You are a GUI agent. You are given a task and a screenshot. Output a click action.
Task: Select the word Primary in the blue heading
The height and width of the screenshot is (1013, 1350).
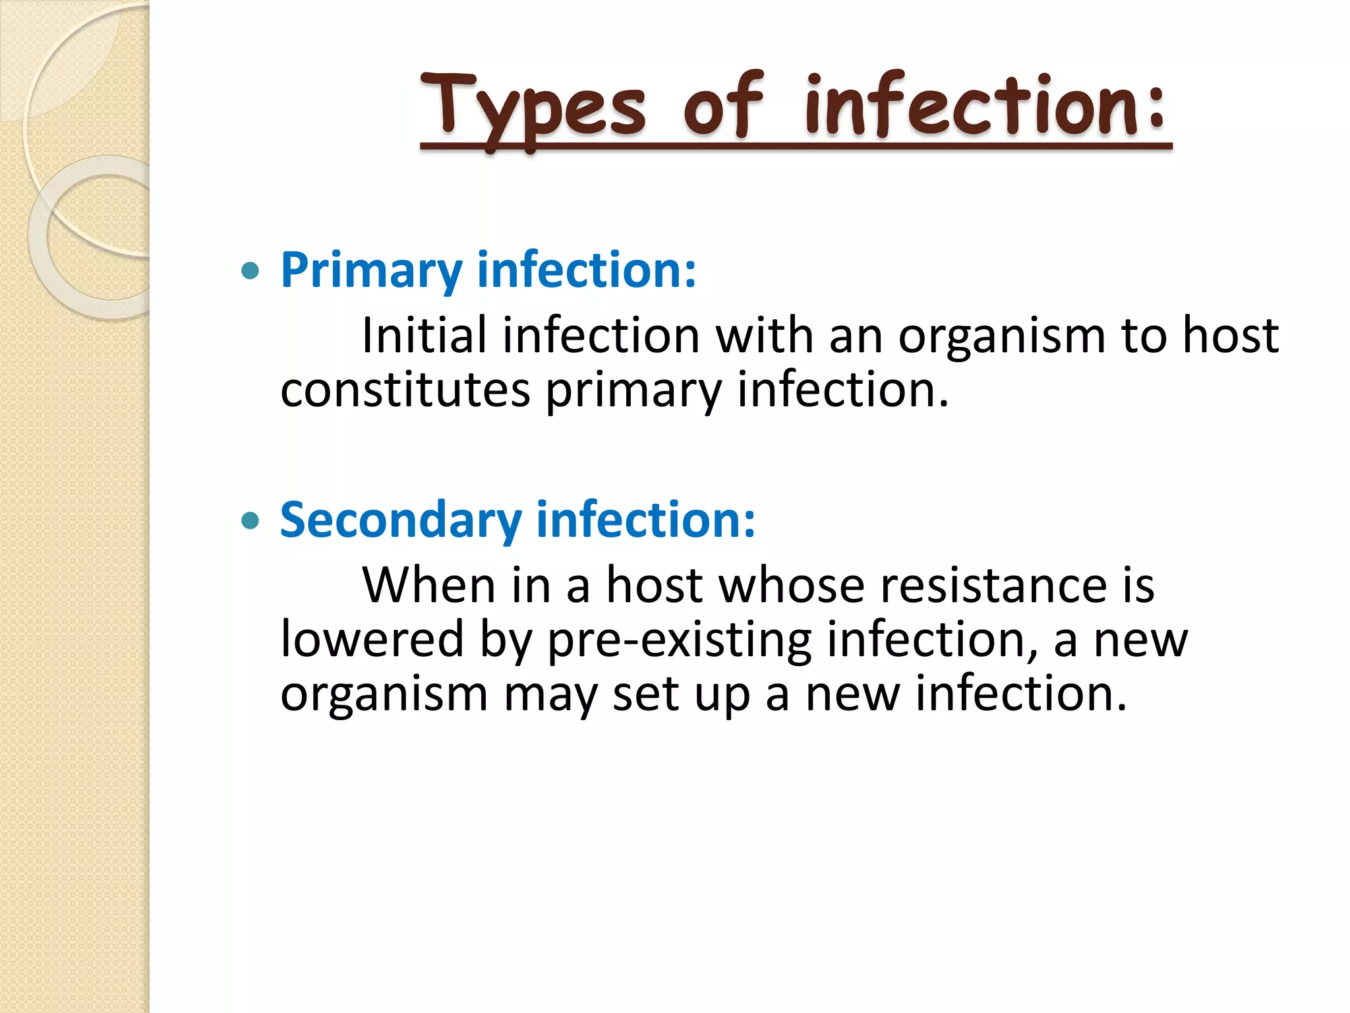pyautogui.click(x=371, y=270)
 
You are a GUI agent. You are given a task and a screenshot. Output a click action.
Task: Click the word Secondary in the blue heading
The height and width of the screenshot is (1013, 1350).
pyautogui.click(x=401, y=520)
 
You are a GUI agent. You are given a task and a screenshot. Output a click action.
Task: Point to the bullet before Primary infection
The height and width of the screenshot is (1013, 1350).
pyautogui.click(x=250, y=270)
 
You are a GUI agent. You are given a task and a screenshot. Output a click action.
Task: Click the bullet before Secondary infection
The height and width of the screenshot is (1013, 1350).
pyautogui.click(x=250, y=522)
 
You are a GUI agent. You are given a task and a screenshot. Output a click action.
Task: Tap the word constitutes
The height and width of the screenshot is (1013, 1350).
pyautogui.click(x=405, y=390)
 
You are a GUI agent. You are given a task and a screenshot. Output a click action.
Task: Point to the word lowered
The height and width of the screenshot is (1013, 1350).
pyautogui.click(x=372, y=639)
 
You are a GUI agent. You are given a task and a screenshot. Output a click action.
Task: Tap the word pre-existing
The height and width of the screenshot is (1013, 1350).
pyautogui.click(x=679, y=640)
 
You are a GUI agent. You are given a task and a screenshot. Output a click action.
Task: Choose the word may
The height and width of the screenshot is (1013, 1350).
pyautogui.click(x=550, y=695)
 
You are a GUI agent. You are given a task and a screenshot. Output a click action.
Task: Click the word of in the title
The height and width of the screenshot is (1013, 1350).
pyautogui.click(x=723, y=107)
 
